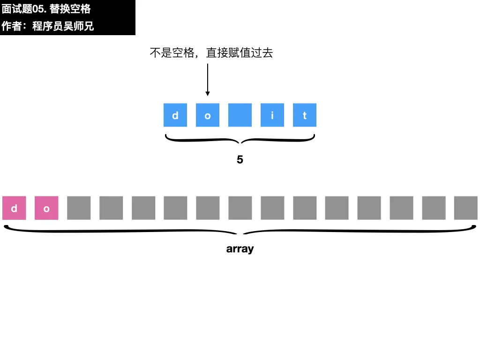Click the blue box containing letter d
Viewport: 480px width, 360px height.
click(x=175, y=115)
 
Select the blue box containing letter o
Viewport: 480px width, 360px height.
click(x=208, y=115)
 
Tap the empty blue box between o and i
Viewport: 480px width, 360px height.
click(x=240, y=115)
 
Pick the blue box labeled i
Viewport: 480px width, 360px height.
click(x=272, y=115)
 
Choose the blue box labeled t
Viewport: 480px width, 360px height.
click(x=305, y=115)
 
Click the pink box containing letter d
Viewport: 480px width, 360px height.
click(x=14, y=208)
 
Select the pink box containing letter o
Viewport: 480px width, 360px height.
click(x=46, y=208)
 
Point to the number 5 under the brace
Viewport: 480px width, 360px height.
click(x=240, y=160)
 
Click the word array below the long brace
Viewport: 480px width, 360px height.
click(x=240, y=249)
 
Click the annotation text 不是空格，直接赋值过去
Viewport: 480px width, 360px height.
click(x=211, y=53)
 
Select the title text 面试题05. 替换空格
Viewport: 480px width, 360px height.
click(x=46, y=9)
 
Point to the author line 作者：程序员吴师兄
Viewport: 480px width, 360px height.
click(x=48, y=26)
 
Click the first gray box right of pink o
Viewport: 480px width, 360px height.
click(x=79, y=208)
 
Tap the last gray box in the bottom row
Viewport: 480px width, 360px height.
click(x=466, y=208)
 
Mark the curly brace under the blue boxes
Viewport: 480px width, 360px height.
click(x=240, y=140)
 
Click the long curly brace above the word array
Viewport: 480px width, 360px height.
click(x=240, y=231)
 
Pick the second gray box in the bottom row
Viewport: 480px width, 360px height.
click(x=111, y=208)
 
